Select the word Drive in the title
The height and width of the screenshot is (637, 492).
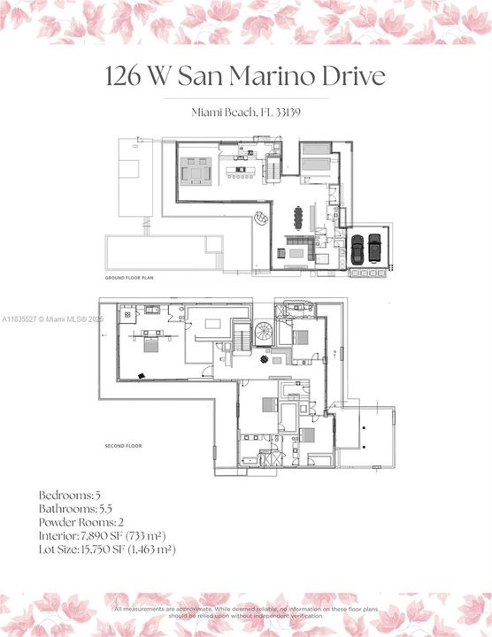pyautogui.click(x=354, y=76)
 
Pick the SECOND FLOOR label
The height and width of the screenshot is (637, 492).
pyautogui.click(x=124, y=446)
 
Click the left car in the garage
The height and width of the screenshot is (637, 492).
pyautogui.click(x=357, y=248)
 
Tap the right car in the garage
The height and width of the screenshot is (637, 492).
pyautogui.click(x=374, y=248)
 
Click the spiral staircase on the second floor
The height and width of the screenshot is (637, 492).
pyautogui.click(x=265, y=333)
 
